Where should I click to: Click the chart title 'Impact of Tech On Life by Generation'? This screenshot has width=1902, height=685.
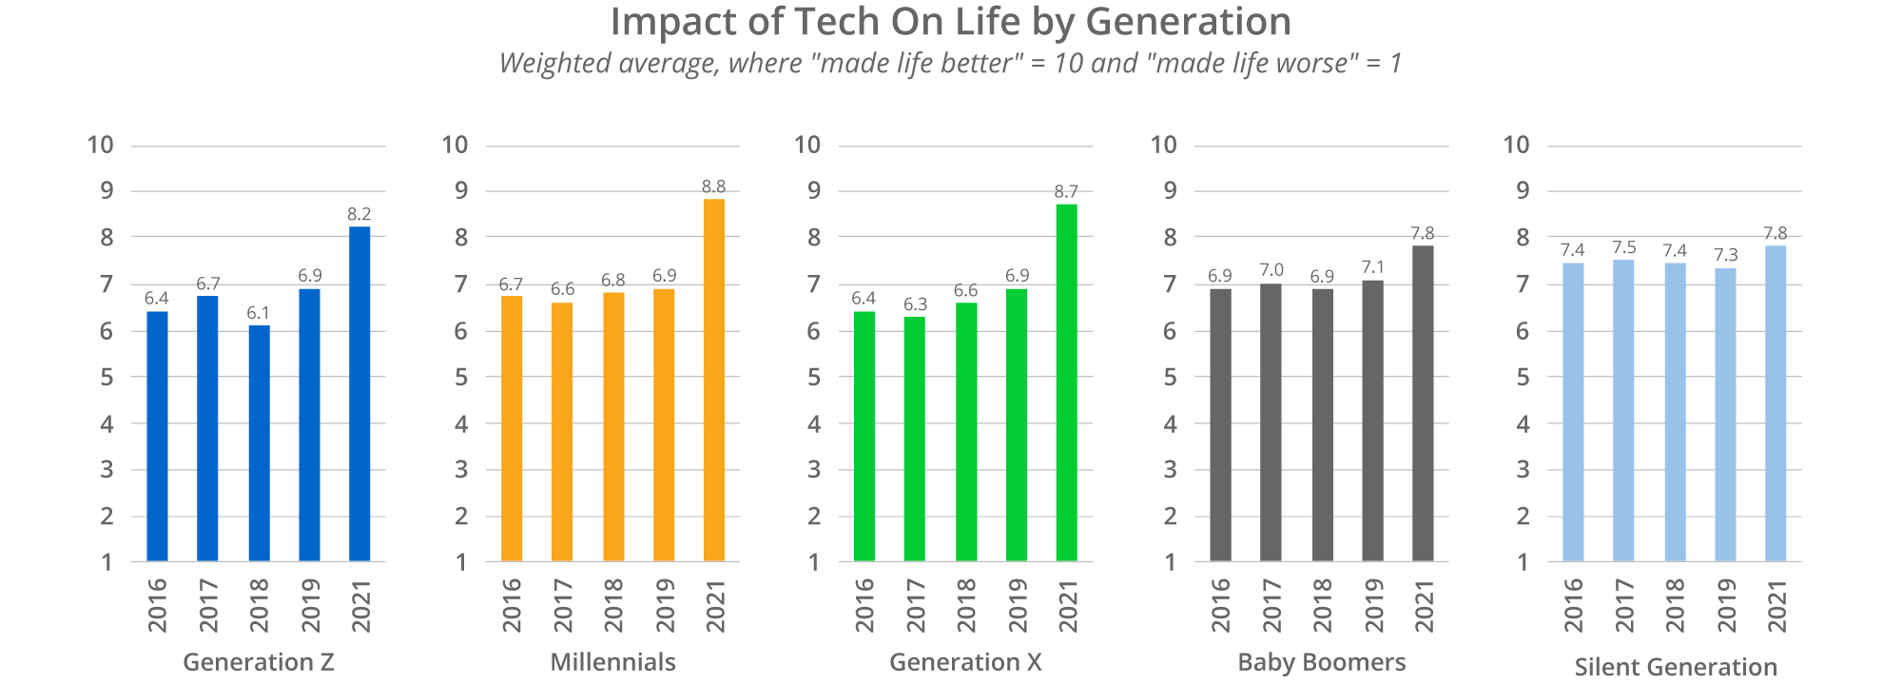(950, 23)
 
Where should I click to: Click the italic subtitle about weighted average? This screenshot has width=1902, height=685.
(950, 64)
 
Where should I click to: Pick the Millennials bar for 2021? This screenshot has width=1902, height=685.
(714, 380)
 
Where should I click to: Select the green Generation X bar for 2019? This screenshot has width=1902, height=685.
(1017, 424)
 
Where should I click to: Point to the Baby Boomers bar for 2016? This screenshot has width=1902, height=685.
(1220, 424)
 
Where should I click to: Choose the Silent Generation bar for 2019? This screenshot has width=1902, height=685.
(1725, 415)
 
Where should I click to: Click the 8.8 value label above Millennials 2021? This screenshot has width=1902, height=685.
(714, 186)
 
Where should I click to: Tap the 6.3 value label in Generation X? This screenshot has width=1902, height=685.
(915, 304)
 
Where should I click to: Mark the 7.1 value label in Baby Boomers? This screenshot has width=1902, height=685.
(1372, 267)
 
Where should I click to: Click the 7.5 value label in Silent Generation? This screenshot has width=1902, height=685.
(1624, 247)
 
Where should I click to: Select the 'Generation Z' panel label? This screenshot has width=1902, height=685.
(259, 662)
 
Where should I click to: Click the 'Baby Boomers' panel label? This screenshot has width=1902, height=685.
(1322, 662)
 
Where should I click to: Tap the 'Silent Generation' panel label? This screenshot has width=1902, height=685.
(1676, 667)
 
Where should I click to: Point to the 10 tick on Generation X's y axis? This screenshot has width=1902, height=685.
(807, 145)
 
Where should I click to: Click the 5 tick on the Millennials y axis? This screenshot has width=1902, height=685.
(461, 377)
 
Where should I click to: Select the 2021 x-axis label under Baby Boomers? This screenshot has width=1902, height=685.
(1424, 605)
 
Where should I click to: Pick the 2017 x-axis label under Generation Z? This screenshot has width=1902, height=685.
(208, 605)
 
